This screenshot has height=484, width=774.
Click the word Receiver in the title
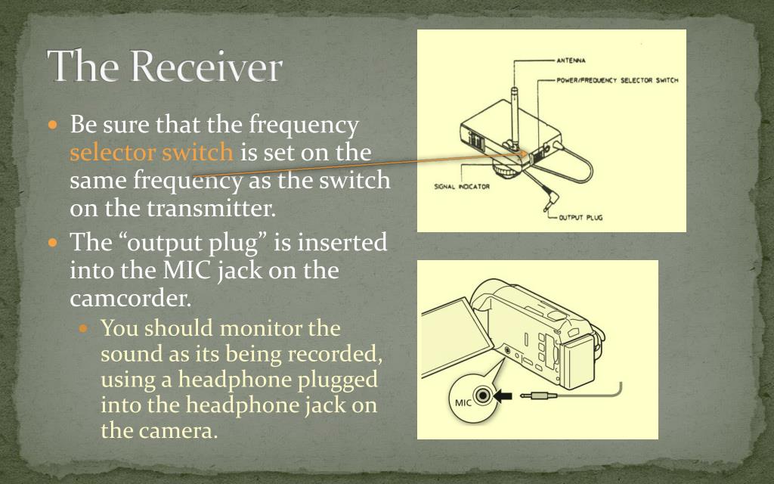[206, 67]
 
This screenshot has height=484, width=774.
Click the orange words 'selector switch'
[151, 153]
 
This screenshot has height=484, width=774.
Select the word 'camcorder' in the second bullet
[129, 298]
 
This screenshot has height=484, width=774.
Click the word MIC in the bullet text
[188, 270]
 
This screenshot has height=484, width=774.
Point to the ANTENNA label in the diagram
[571, 60]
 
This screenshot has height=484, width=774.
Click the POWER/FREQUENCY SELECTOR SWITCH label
[617, 79]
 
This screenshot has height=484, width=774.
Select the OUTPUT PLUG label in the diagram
[580, 217]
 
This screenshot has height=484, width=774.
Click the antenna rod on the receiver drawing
[513, 113]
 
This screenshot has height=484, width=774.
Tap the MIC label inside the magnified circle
[463, 402]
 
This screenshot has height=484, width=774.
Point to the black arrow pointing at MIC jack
[502, 396]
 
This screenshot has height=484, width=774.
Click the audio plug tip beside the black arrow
[537, 395]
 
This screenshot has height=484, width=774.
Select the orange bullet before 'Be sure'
[53, 124]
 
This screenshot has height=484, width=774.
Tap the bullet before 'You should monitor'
[85, 329]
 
